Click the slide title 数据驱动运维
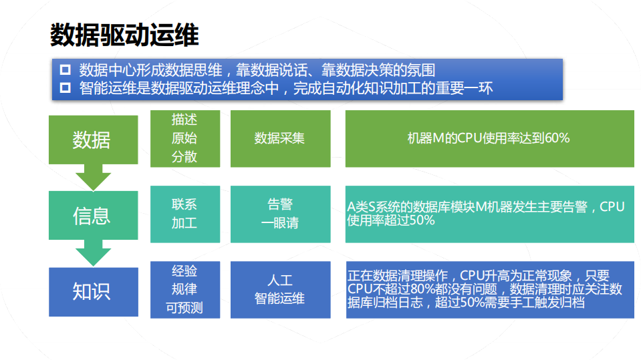point(124,35)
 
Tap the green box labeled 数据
point(93,140)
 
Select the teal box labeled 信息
point(93,216)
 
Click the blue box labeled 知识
point(93,292)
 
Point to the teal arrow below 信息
point(93,255)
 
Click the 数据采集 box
point(280,139)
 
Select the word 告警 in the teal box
point(280,204)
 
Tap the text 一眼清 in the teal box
point(280,224)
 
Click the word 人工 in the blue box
point(280,280)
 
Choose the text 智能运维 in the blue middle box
point(280,299)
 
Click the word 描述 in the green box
point(184,120)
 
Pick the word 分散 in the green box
point(184,158)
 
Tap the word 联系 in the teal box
point(184,204)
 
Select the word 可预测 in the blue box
point(184,308)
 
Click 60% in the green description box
point(557,139)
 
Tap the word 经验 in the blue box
point(184,271)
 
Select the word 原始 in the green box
point(184,139)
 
